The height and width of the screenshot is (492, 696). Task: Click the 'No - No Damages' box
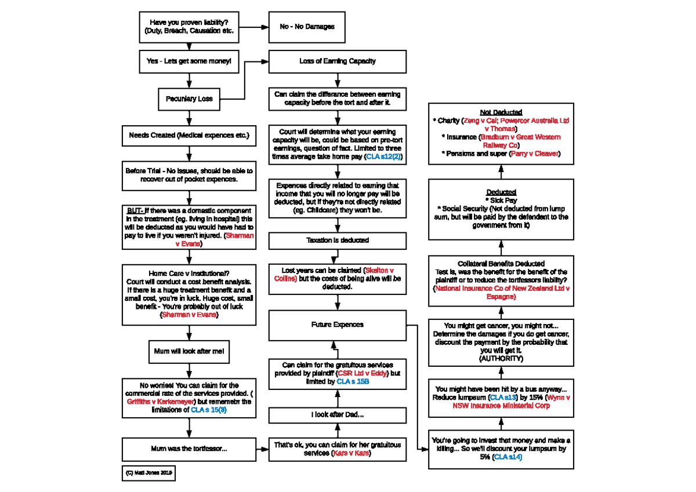(307, 27)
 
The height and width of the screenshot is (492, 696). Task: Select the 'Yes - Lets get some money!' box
(189, 61)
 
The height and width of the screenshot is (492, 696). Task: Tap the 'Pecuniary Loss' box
(189, 99)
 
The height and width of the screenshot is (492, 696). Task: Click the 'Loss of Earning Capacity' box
(337, 61)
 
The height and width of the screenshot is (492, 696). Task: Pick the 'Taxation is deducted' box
(337, 240)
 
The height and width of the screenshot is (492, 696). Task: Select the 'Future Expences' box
(337, 325)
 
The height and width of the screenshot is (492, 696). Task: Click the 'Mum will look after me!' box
(189, 351)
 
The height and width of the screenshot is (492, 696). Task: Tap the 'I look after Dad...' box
(337, 414)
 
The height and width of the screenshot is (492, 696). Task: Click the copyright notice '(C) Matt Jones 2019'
(148, 473)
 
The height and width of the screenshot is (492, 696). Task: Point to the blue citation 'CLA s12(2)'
(383, 156)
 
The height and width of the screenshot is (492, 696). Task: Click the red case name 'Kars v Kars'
(350, 453)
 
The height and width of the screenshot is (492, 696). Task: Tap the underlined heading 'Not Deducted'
(501, 112)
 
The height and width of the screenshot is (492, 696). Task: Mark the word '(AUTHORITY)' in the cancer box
(501, 359)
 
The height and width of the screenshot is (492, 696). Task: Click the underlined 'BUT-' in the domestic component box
(135, 210)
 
